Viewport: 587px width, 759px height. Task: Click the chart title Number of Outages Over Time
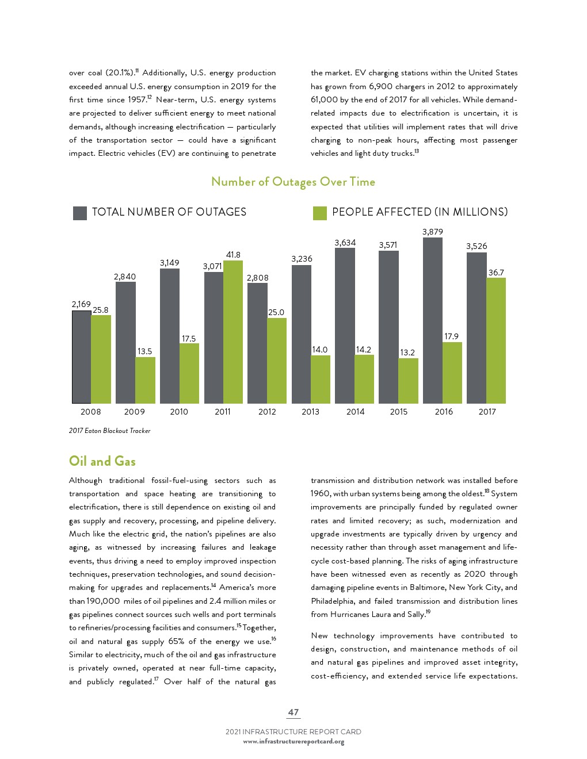293,182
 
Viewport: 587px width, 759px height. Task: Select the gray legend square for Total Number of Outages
79,213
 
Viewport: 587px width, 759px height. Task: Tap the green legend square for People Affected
319,213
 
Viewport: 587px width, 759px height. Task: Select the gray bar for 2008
81,356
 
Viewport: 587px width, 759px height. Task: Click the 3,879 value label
432,232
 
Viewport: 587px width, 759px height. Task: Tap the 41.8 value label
233,255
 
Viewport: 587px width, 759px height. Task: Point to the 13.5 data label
144,351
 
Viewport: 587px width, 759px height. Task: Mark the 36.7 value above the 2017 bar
495,273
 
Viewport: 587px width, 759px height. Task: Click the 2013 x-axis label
310,412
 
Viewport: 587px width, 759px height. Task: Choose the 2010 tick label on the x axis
179,412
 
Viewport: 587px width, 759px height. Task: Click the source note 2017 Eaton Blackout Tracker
109,431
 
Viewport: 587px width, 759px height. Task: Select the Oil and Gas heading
102,461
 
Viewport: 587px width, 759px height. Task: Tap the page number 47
293,712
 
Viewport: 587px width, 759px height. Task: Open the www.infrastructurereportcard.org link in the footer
293,742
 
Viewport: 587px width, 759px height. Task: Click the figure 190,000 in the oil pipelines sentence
103,601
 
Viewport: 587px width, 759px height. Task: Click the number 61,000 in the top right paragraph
324,99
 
